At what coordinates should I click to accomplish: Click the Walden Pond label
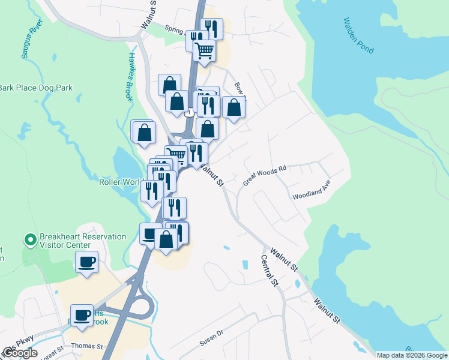[x=358, y=35]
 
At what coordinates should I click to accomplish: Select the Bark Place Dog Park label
[x=36, y=88]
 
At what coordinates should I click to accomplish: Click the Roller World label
[x=119, y=182]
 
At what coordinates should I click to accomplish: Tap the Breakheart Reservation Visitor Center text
[x=83, y=241]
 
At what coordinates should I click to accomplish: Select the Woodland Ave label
[x=312, y=190]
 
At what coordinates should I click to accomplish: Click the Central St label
[x=270, y=270]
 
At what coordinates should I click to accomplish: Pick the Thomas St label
[x=87, y=346]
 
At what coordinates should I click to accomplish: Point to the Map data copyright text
[x=412, y=355]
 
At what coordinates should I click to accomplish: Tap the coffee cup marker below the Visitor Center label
[x=86, y=262]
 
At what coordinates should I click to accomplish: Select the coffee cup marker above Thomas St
[x=82, y=316]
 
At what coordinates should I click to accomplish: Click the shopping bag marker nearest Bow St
[x=234, y=108]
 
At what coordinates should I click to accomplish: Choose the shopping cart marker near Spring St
[x=204, y=51]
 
